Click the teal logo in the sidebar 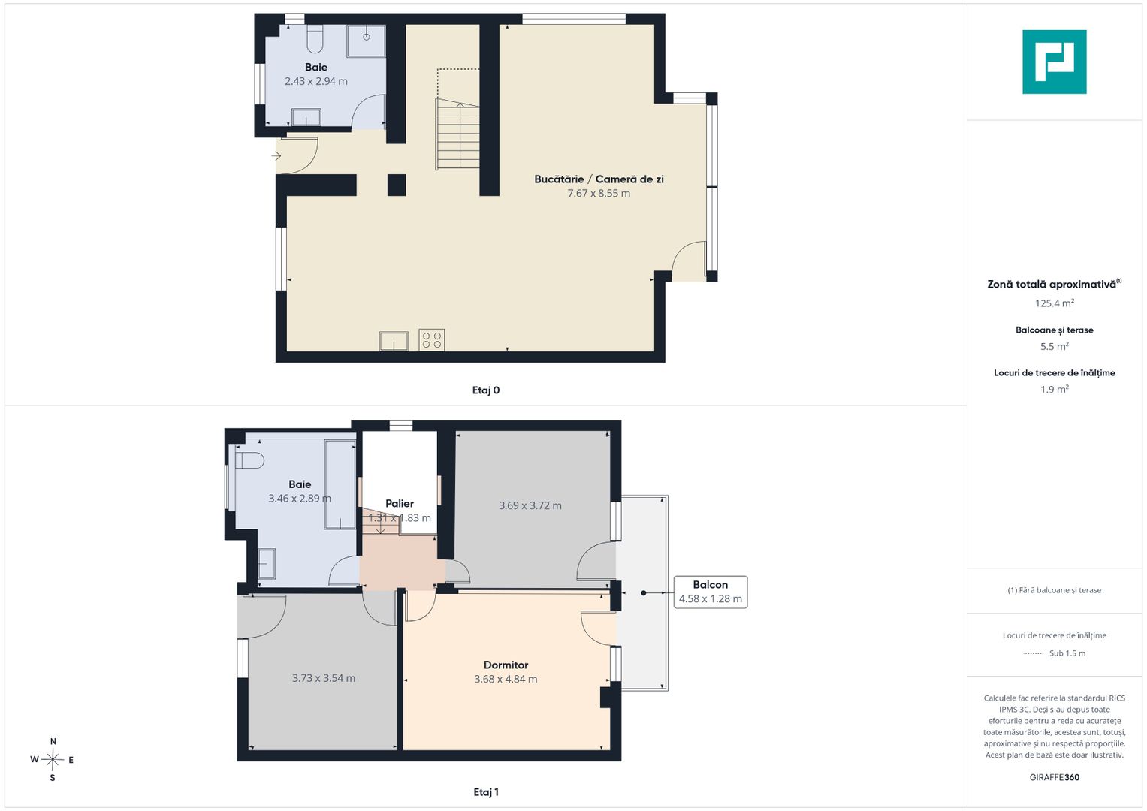point(1055,62)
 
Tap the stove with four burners point(432,340)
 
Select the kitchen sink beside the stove point(394,341)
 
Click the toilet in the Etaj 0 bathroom point(315,39)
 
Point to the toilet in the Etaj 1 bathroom point(249,460)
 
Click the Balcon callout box point(711,592)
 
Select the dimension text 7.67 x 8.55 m point(599,194)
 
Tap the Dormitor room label point(506,665)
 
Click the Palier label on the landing point(400,503)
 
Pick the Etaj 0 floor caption point(486,390)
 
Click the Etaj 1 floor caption point(486,792)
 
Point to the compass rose point(53,759)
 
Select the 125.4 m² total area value point(1055,303)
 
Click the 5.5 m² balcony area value point(1055,346)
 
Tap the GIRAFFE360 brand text point(1055,777)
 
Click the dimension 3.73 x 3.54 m point(324,678)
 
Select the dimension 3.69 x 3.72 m point(530,505)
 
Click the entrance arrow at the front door point(276,155)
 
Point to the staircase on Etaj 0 point(457,134)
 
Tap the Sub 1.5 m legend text point(1067,653)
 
